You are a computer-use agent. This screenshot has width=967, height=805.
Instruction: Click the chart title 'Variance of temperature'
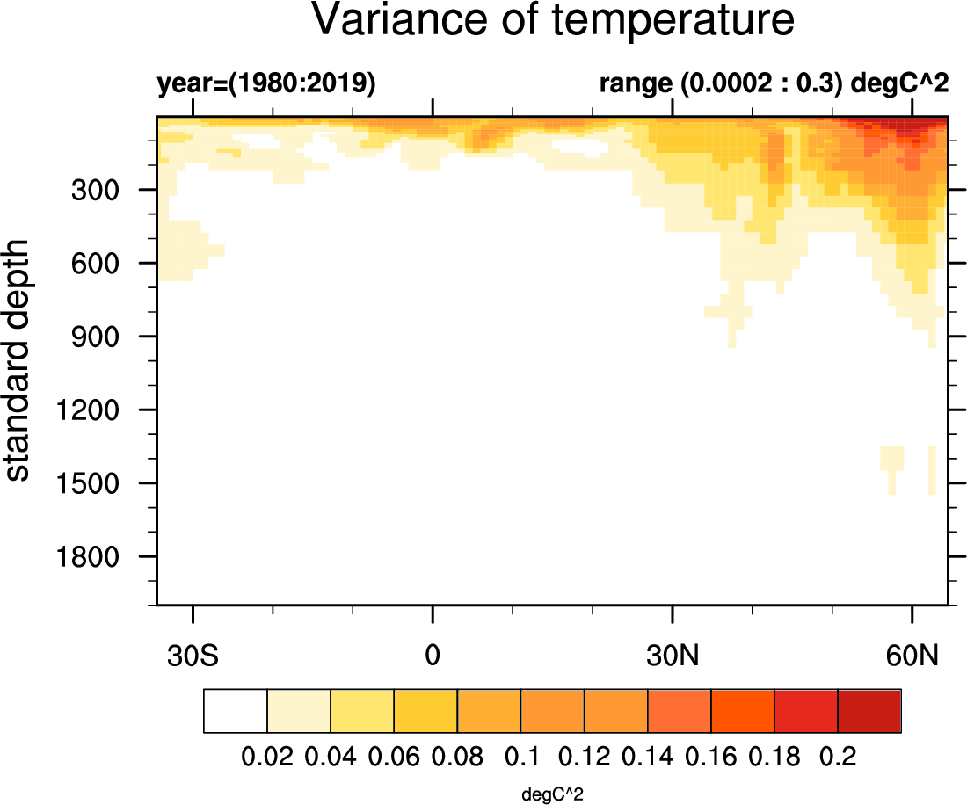pyautogui.click(x=553, y=21)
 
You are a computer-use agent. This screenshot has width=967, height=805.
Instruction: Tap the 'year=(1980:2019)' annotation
pyautogui.click(x=266, y=84)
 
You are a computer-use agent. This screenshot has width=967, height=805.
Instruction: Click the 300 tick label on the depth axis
pyautogui.click(x=106, y=190)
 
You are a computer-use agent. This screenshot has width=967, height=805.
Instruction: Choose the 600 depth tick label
pyautogui.click(x=106, y=264)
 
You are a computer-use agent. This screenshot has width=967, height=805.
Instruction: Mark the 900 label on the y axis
pyautogui.click(x=106, y=337)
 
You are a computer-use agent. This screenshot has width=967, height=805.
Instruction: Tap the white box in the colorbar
pyautogui.click(x=236, y=711)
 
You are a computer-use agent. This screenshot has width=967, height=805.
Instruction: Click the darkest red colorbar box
pyautogui.click(x=869, y=711)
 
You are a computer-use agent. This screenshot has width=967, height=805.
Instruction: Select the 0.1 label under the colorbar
pyautogui.click(x=520, y=757)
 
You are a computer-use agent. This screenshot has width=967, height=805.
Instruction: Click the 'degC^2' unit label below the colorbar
pyautogui.click(x=553, y=794)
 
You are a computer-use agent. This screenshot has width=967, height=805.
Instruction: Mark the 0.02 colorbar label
pyautogui.click(x=268, y=757)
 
